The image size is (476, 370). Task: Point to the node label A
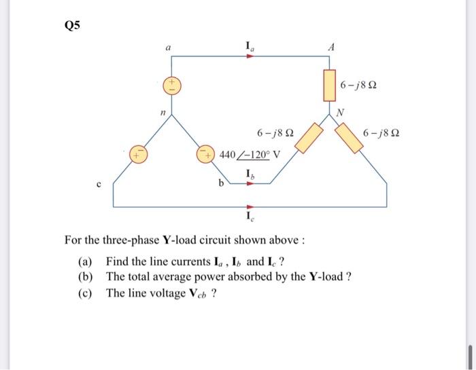(331, 48)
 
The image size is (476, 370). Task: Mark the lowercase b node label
(222, 183)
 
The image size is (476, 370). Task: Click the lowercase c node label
(99, 183)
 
